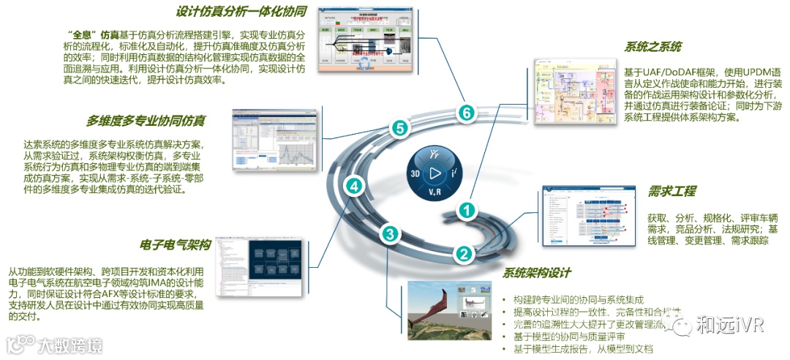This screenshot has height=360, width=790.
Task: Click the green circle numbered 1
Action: pos(467,210)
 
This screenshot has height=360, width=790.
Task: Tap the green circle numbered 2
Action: pos(463,254)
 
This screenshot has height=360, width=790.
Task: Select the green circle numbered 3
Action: pos(390,234)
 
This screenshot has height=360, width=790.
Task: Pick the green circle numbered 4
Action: pos(354,187)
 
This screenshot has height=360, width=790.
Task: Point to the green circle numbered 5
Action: pos(399,128)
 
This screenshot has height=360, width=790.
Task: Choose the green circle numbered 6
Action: pos(467,113)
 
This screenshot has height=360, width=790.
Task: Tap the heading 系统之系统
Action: pos(652,47)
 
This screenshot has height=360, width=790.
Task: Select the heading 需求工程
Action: pos(671,192)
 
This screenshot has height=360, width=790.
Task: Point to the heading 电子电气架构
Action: pos(175,244)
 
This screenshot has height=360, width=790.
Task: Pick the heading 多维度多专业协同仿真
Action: pos(146,121)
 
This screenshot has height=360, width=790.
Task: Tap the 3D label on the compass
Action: pos(415,176)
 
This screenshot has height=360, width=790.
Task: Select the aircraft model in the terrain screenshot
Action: pos(434,304)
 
